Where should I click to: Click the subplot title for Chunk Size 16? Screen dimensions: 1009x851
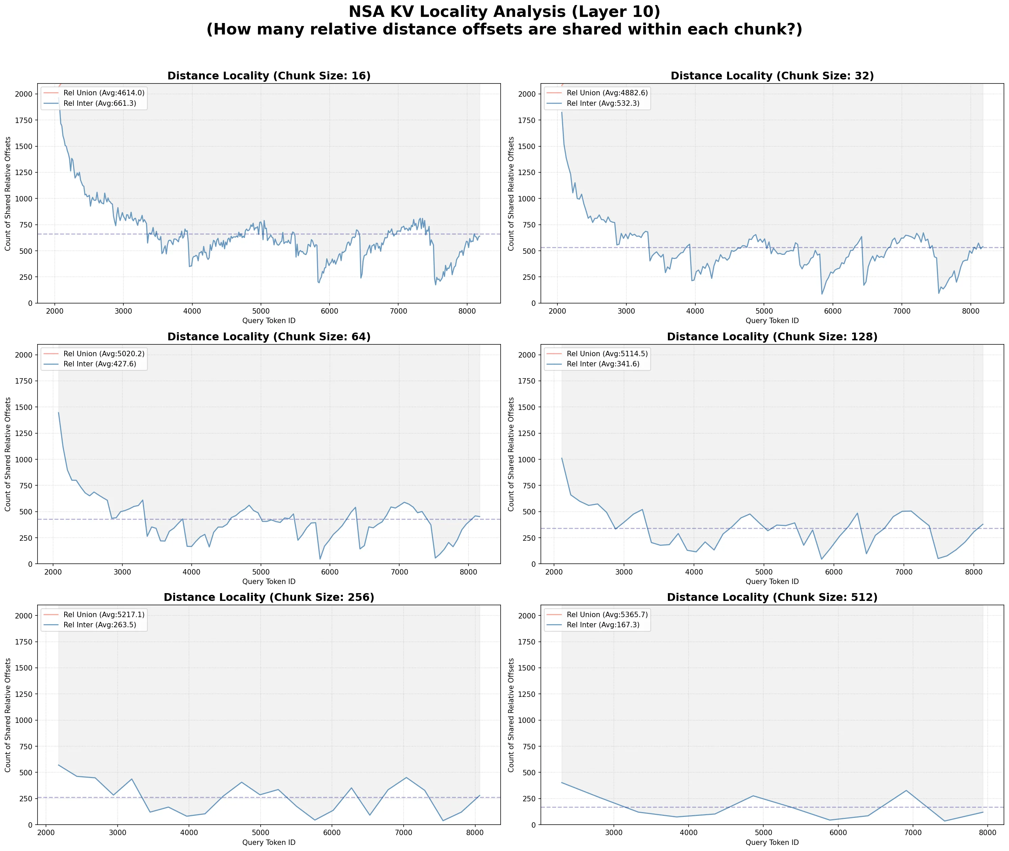(x=269, y=76)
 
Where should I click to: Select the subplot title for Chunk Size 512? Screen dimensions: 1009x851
(x=772, y=597)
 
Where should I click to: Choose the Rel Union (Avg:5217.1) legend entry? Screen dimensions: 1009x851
(x=94, y=615)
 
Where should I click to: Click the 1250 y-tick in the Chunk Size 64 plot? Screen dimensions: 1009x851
(x=24, y=433)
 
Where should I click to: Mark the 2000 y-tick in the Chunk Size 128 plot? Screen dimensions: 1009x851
(x=527, y=355)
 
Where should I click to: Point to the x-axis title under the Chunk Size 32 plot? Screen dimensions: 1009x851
(x=772, y=321)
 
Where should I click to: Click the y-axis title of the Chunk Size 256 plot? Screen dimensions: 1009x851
(x=8, y=715)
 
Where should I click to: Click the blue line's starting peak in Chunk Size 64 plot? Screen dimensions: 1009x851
(x=59, y=412)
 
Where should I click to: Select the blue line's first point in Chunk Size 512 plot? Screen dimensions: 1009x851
(x=562, y=782)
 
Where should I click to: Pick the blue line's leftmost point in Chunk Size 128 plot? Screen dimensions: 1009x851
(x=562, y=458)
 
